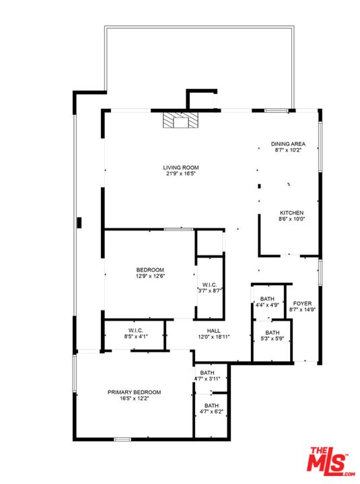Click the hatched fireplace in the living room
[180, 120]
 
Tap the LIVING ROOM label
[181, 167]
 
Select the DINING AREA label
[288, 144]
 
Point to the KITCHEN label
[292, 213]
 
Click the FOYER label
[302, 303]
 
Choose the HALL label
[214, 331]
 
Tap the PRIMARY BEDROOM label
[134, 393]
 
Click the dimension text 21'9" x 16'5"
[181, 173]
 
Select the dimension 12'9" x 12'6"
[150, 276]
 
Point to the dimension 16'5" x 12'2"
[134, 399]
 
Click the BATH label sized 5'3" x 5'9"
[273, 333]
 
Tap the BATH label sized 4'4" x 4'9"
[267, 298]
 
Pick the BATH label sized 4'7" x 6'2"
[212, 405]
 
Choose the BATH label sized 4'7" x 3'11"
[207, 373]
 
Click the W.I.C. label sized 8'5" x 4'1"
[136, 331]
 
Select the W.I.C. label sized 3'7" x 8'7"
[209, 285]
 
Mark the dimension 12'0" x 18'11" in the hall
[214, 337]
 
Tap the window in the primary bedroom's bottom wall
[122, 439]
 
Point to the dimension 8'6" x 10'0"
[292, 219]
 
